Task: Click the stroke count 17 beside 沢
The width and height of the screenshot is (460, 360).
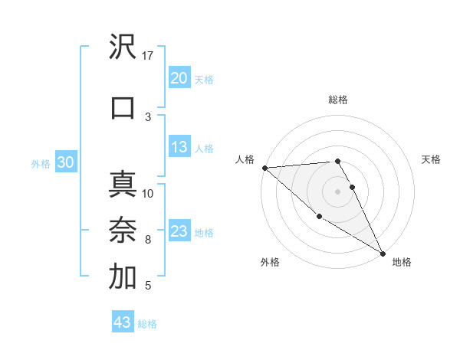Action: (148, 56)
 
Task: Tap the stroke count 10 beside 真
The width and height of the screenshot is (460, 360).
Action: (148, 193)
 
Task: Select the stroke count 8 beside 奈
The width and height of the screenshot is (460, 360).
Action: (148, 240)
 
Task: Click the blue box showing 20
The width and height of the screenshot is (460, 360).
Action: (179, 78)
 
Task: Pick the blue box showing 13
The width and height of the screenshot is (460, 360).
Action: (179, 148)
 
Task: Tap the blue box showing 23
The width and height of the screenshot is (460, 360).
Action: (179, 231)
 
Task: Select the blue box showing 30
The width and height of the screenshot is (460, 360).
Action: (65, 162)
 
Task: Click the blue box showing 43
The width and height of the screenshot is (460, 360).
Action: (122, 322)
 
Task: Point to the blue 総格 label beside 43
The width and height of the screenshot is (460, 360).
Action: (148, 324)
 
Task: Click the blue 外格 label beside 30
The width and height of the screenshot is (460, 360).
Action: (41, 163)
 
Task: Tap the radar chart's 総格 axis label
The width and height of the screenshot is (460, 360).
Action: (337, 100)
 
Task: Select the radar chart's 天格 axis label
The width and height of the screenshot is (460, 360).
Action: (432, 159)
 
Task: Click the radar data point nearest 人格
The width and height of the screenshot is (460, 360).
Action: (264, 168)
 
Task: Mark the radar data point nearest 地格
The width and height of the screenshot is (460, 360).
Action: (383, 253)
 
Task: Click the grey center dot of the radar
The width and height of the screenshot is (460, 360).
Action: (337, 191)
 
